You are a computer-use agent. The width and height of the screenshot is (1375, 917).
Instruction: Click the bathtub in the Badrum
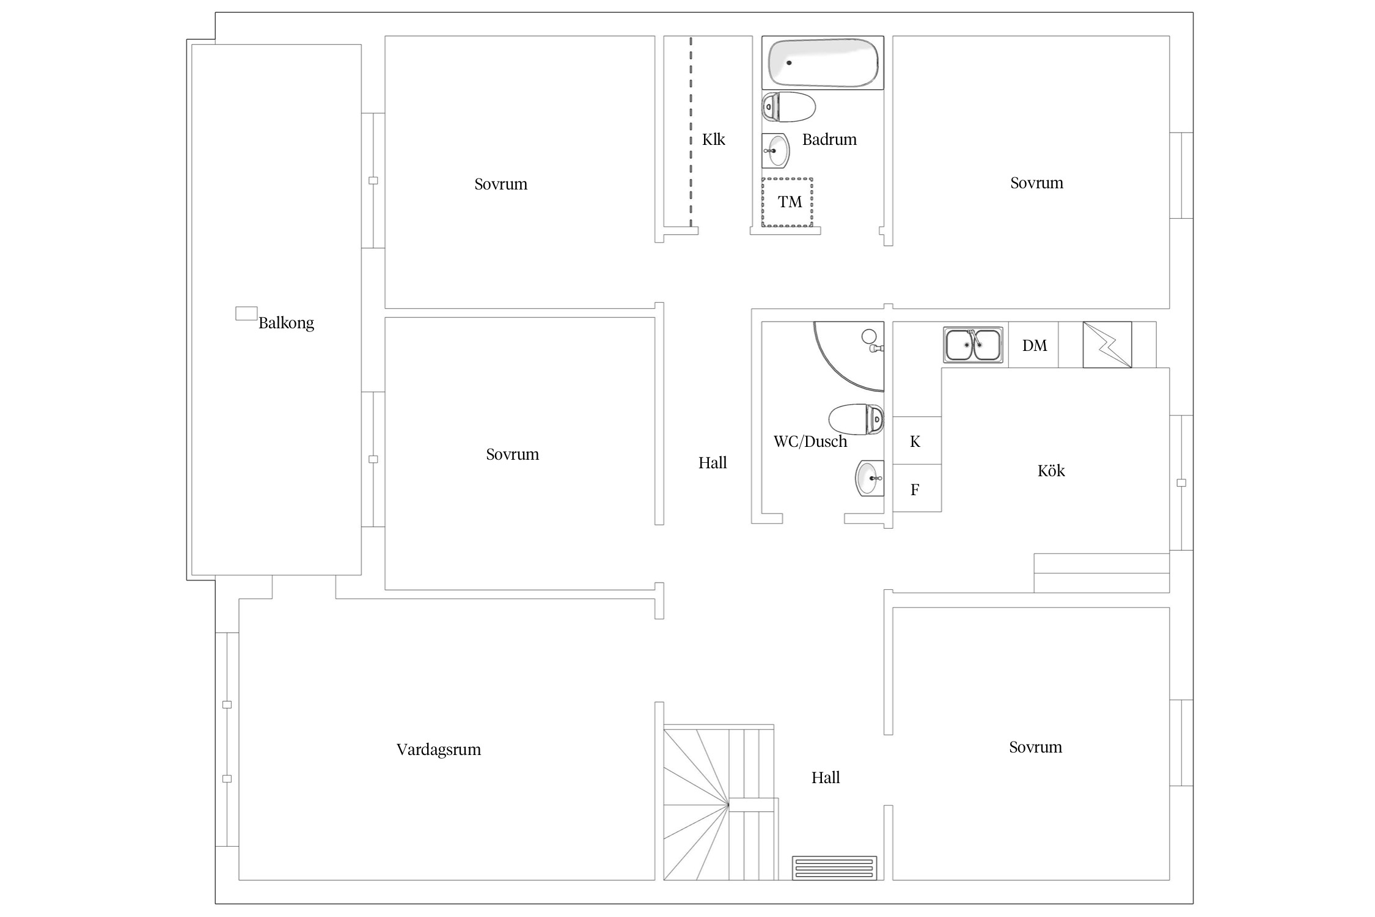(x=823, y=62)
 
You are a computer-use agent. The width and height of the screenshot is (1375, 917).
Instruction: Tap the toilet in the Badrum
(x=788, y=108)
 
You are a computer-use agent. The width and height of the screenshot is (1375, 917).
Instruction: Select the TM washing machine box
(x=787, y=202)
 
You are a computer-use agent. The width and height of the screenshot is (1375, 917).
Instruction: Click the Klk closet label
(x=713, y=139)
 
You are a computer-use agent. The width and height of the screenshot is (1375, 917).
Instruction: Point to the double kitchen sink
(x=974, y=345)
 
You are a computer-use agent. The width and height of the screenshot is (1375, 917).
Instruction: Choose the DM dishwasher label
(x=1035, y=345)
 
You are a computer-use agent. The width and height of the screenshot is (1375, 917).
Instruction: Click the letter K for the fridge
(x=915, y=441)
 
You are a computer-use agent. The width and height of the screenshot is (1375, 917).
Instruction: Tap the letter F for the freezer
(x=915, y=489)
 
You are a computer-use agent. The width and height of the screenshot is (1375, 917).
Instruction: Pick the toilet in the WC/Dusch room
(x=856, y=419)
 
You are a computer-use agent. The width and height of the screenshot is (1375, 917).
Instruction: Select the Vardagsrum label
(x=439, y=749)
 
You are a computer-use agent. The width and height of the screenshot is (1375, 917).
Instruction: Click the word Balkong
(x=286, y=323)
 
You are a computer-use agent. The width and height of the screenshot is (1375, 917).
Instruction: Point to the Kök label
(x=1051, y=470)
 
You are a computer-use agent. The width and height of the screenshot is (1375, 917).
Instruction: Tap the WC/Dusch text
(x=810, y=441)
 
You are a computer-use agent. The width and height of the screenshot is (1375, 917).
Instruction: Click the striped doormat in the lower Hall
(x=835, y=868)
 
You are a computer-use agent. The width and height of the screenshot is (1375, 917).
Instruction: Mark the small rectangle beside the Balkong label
(x=246, y=313)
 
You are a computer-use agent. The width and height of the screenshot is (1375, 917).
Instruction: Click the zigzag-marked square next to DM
(x=1107, y=345)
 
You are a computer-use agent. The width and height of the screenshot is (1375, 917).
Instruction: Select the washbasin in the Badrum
(x=776, y=150)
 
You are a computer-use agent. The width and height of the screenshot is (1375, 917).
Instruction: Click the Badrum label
(x=829, y=139)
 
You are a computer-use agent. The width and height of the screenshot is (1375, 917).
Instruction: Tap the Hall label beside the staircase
(x=826, y=778)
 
